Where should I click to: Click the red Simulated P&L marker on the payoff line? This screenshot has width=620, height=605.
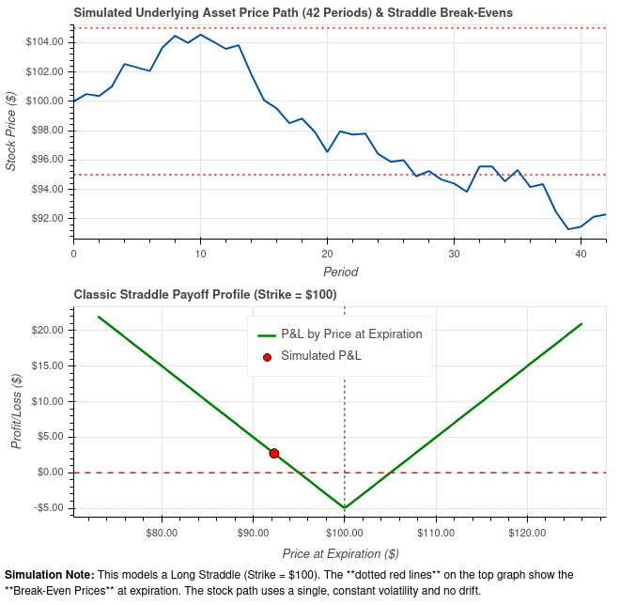[274, 454]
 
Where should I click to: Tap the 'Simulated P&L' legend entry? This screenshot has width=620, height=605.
[320, 356]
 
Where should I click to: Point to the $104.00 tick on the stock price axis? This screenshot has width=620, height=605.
[49, 42]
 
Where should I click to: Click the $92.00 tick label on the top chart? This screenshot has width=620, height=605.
[52, 219]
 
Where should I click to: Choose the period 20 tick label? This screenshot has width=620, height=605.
[327, 254]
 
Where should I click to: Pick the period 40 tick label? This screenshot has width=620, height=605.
[581, 254]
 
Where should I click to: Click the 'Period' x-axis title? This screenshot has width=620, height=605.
[340, 271]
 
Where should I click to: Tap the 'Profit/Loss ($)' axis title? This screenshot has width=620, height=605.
[16, 411]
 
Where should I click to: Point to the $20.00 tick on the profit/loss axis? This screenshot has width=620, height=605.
[49, 331]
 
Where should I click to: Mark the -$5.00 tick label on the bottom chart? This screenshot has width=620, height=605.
[49, 508]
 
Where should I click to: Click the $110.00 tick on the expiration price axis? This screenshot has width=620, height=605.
[435, 533]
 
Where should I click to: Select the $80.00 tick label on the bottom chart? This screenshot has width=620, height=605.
[163, 533]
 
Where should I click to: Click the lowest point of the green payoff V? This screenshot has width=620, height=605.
[345, 508]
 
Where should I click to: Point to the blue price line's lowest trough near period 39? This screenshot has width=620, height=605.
[568, 229]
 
